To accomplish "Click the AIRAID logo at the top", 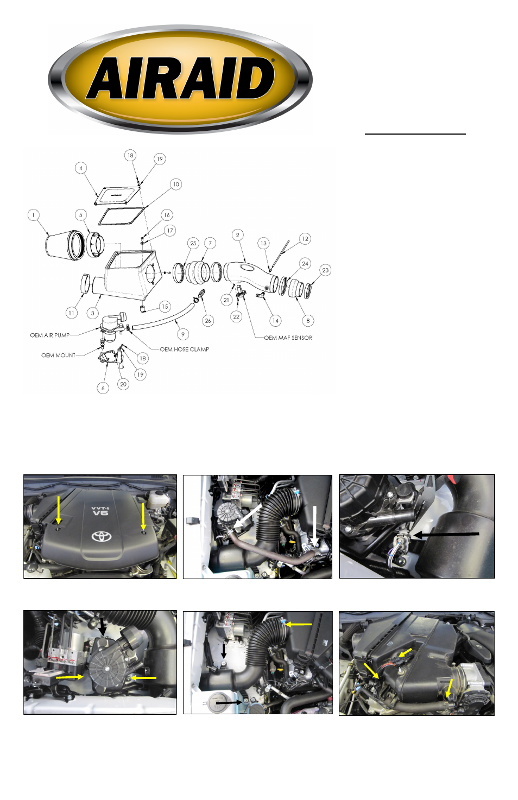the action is [x=180, y=79].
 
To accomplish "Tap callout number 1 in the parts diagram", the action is [x=33, y=215].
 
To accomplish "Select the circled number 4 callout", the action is [x=81, y=168].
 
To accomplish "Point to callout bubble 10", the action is [x=176, y=185].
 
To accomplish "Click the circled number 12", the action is [x=305, y=239].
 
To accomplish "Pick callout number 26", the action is [x=208, y=321].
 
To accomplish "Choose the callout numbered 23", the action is [x=325, y=270].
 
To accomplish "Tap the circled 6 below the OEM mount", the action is [x=103, y=388].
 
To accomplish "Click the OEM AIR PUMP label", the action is [x=49, y=335].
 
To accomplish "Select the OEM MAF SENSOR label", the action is [x=288, y=338].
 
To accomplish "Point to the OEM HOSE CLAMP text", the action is [x=184, y=350].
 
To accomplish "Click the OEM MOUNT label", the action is [x=58, y=355].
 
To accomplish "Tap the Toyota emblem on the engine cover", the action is [x=102, y=536].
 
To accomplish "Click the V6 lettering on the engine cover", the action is [x=100, y=513].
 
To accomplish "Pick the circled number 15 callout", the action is [x=165, y=307].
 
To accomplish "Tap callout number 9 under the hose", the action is [x=183, y=334].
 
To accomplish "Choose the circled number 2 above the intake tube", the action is [x=238, y=234].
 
